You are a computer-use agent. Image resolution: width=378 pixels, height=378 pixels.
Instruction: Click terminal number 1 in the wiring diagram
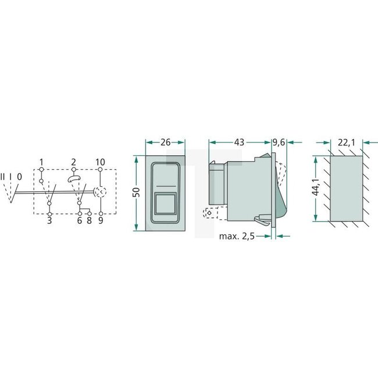[x=42, y=161]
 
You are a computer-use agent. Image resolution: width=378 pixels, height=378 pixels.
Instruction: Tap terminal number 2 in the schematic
[x=74, y=161]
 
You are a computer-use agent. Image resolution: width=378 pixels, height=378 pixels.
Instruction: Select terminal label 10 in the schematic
[x=101, y=161]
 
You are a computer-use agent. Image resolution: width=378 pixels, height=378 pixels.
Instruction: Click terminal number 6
[x=79, y=221]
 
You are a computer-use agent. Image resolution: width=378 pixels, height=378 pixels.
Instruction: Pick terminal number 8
[x=88, y=221]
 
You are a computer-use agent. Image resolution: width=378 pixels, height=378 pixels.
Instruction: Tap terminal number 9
[x=101, y=221]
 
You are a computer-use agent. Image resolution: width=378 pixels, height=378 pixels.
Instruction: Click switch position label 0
[x=20, y=176]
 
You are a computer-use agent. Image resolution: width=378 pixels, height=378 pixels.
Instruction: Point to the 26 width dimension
[x=165, y=142]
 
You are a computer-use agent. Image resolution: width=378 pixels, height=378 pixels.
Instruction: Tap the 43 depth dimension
[x=240, y=142]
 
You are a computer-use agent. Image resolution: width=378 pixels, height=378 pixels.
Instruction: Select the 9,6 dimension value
[x=280, y=142]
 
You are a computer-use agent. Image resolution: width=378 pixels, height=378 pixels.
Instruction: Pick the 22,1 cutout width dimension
[x=345, y=142]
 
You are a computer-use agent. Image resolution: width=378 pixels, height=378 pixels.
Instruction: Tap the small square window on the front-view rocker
[x=165, y=204]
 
